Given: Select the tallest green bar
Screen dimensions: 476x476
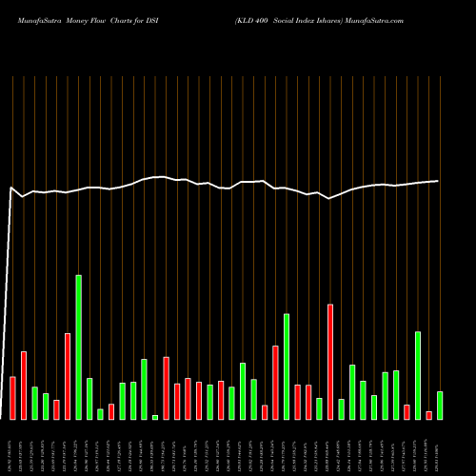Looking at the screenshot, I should [79, 347].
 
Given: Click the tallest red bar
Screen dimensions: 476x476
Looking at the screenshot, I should [330, 362].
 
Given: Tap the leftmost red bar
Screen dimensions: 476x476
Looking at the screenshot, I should [13, 398].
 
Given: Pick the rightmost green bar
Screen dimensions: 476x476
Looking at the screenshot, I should [440, 406].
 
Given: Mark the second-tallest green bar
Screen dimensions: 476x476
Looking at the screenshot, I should [287, 367].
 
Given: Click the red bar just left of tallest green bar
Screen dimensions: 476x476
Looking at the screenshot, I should [68, 376].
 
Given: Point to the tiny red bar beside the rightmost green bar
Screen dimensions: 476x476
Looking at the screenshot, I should [429, 415].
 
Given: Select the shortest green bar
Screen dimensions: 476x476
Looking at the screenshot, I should [155, 417].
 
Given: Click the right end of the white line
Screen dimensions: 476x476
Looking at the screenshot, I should [438, 181].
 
